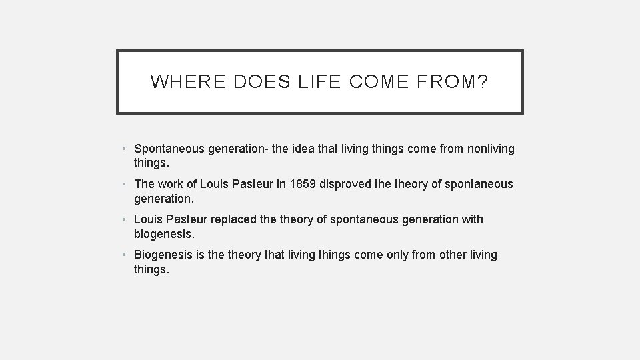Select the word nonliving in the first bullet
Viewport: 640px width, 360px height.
489,149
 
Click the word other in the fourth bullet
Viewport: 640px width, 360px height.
453,255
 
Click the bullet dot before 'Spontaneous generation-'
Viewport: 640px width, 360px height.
126,149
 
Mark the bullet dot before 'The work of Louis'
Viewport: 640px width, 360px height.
126,185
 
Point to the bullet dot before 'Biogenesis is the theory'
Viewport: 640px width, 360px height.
126,255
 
